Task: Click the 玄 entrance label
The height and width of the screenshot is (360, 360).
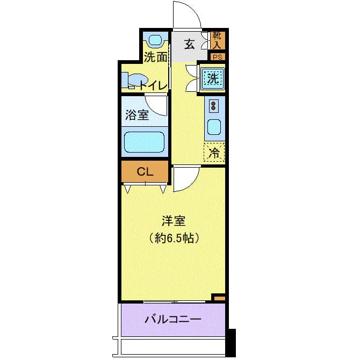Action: [190, 44]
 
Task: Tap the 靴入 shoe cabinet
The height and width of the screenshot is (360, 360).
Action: [218, 40]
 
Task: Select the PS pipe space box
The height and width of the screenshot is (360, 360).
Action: [218, 57]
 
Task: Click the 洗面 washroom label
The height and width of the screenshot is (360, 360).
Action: [155, 57]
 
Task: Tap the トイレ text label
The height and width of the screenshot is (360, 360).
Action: [153, 86]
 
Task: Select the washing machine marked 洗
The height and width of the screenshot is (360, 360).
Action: [213, 79]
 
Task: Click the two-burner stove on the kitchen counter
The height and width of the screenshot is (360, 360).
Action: [214, 106]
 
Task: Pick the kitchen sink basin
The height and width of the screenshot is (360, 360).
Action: [214, 127]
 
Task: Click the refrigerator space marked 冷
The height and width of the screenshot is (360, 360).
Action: [214, 152]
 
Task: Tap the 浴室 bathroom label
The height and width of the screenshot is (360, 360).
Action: [137, 115]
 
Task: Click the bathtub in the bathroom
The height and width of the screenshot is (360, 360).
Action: [144, 142]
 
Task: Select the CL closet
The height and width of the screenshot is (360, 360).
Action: [145, 171]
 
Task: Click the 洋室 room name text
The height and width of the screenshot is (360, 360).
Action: [174, 221]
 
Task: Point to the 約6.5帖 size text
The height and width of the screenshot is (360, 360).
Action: [174, 238]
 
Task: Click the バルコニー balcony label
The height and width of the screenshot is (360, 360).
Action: [173, 319]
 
